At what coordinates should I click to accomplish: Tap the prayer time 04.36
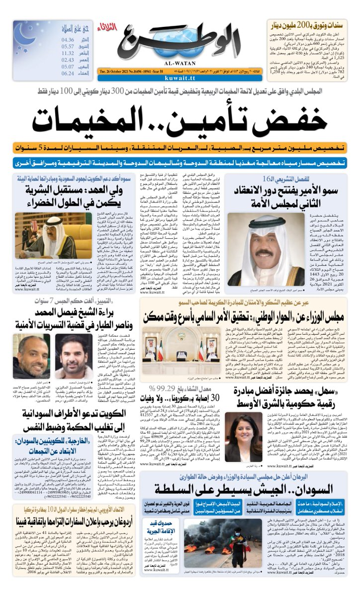click(x=68, y=40)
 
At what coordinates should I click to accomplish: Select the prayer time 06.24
click(x=68, y=73)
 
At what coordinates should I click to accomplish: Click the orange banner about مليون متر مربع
click(x=180, y=148)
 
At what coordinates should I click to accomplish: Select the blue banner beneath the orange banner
click(x=180, y=163)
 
